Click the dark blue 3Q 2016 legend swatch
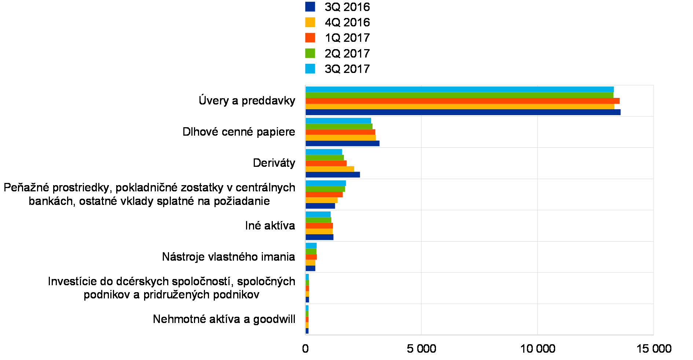point(310,7)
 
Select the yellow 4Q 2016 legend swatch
point(310,22)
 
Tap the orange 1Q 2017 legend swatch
point(310,37)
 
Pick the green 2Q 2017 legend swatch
point(310,53)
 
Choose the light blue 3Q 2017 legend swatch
point(310,69)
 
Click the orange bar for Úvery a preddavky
point(462,101)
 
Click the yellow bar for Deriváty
point(330,169)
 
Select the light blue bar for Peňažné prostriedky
point(326,183)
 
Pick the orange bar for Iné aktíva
point(319,226)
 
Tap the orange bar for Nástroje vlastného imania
point(311,257)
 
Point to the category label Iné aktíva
point(273,226)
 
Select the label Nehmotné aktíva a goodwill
point(221,319)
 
